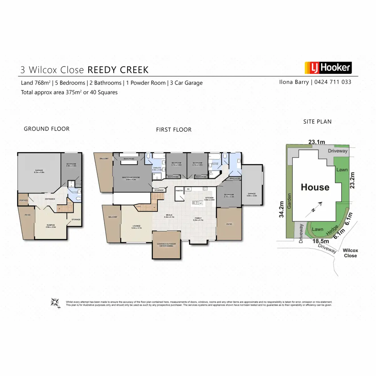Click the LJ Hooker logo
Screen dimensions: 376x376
[328, 68]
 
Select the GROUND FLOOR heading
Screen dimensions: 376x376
[47, 129]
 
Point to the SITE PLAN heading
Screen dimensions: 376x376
[317, 122]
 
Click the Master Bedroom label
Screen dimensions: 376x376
[131, 178]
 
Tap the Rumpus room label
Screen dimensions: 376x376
[50, 226]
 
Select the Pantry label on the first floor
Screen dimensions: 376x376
[179, 191]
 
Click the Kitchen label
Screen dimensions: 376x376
[209, 198]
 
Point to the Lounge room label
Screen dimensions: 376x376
[136, 227]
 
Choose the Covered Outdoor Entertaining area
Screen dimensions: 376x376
[166, 245]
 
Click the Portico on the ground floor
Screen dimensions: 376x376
[23, 200]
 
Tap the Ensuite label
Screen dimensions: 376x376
[157, 169]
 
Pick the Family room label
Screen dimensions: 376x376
[198, 219]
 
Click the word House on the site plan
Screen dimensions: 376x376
[315, 187]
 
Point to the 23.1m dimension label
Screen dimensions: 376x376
[316, 142]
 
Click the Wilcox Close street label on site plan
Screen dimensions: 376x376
[350, 253]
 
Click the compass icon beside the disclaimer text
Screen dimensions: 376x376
[55, 302]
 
